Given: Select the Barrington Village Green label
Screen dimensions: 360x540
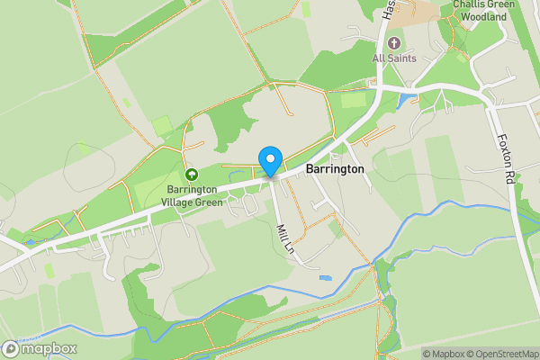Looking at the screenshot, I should point(191,195).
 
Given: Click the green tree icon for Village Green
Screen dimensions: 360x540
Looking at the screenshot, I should point(191,174).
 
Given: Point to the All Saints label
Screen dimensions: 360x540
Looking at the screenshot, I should point(392,59).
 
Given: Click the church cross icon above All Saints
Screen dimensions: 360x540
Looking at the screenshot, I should point(392,43).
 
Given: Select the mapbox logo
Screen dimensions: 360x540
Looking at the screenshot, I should point(40,348).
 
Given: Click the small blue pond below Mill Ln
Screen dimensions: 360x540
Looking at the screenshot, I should point(324,279).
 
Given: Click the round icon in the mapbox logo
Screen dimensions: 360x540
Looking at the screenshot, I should point(11,348).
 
